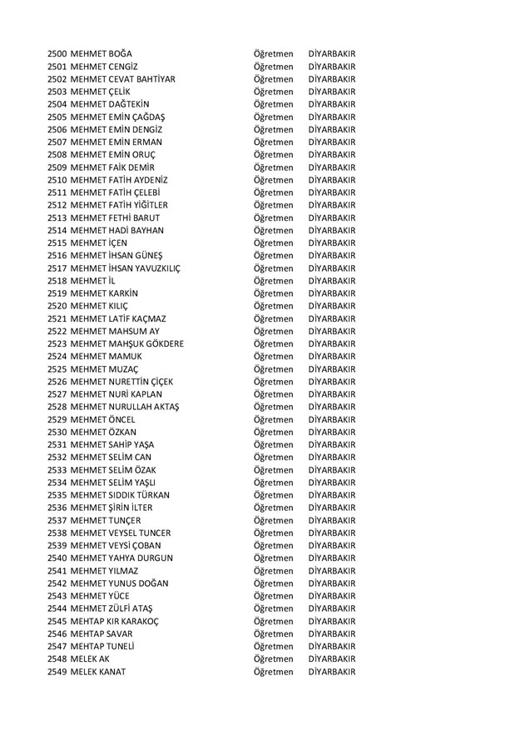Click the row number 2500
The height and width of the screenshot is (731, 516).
(x=57, y=54)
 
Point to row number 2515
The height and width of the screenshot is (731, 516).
(x=57, y=243)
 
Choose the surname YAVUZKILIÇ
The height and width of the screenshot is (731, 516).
(x=153, y=268)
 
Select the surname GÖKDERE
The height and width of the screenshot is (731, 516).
(x=160, y=343)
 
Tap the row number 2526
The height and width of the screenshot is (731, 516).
(x=57, y=382)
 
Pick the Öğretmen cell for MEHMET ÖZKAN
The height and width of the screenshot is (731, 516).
(x=273, y=432)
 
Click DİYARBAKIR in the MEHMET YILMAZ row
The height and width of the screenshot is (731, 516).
(x=331, y=570)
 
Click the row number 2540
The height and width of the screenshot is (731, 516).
(x=57, y=558)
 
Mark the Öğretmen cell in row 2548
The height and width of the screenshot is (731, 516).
(x=273, y=658)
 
